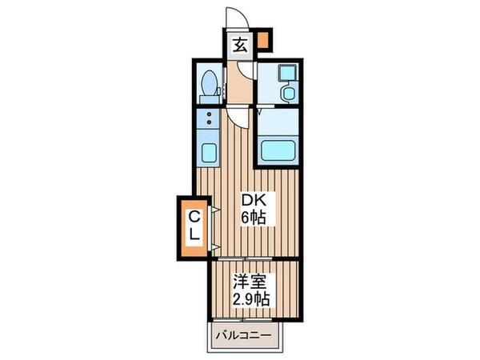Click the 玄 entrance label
[x=239, y=45]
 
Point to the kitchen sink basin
[x=208, y=151]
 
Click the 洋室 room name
[x=250, y=282]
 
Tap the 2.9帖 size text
[x=250, y=300]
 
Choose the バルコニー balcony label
[x=247, y=334]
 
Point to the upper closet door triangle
[x=215, y=210]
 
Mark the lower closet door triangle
[x=215, y=238]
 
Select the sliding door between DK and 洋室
[x=240, y=258]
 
